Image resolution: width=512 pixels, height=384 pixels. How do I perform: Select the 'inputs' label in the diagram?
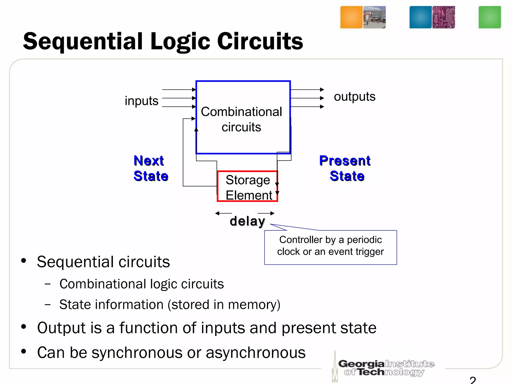pos(141,101)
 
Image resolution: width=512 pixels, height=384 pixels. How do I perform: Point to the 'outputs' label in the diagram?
pos(354,96)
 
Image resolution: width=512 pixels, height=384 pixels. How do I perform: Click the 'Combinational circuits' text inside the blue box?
pos(241,119)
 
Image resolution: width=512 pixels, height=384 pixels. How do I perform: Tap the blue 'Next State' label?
pos(150,168)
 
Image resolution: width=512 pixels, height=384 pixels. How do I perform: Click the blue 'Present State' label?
pos(345,168)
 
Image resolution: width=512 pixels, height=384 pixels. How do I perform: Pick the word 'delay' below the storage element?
pos(247,221)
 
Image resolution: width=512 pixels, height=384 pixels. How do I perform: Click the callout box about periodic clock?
pos(330,247)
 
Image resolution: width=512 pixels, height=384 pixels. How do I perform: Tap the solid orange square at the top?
pos(351,17)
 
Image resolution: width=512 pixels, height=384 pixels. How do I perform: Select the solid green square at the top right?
pos(489,17)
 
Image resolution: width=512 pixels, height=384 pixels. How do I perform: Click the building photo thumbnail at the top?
pos(374,17)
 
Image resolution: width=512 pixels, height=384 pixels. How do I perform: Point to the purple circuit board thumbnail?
pos(443,17)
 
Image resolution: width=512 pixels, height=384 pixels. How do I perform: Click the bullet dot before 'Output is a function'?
pos(24,327)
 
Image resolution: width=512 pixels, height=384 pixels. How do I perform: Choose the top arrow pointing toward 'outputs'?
pos(307,89)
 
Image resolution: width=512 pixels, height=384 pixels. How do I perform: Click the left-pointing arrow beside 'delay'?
pos(223,213)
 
